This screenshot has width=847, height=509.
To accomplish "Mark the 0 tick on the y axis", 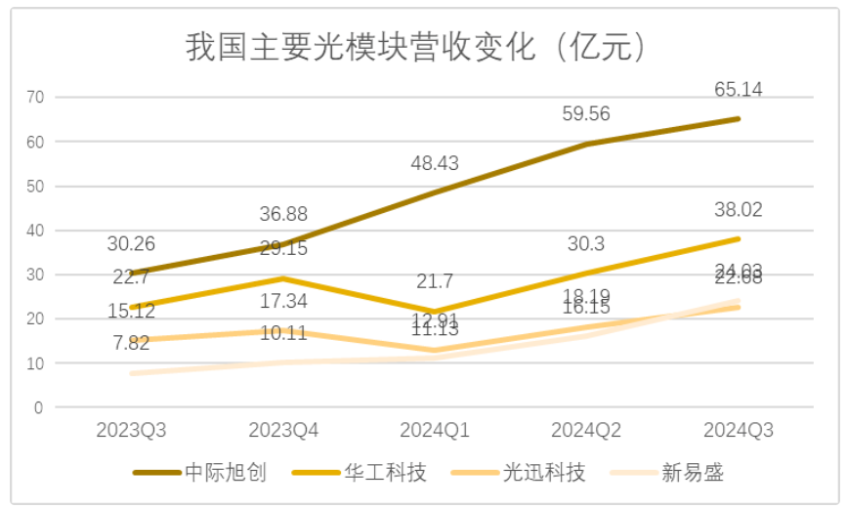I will click(x=39, y=407).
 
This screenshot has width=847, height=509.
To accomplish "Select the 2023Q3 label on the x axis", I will click(x=130, y=430).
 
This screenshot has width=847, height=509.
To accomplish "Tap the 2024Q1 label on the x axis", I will click(x=435, y=430).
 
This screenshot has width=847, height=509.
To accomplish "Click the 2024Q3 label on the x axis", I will click(x=739, y=430).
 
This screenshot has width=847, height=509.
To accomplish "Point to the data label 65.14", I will click(x=739, y=90).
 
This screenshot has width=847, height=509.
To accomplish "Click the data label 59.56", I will click(x=586, y=114).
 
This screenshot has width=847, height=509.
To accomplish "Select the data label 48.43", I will click(x=435, y=163).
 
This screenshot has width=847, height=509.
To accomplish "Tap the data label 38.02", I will click(x=739, y=209).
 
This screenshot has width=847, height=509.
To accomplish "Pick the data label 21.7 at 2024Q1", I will click(x=435, y=282).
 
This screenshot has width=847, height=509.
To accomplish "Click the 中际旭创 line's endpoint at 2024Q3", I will click(x=739, y=118).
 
